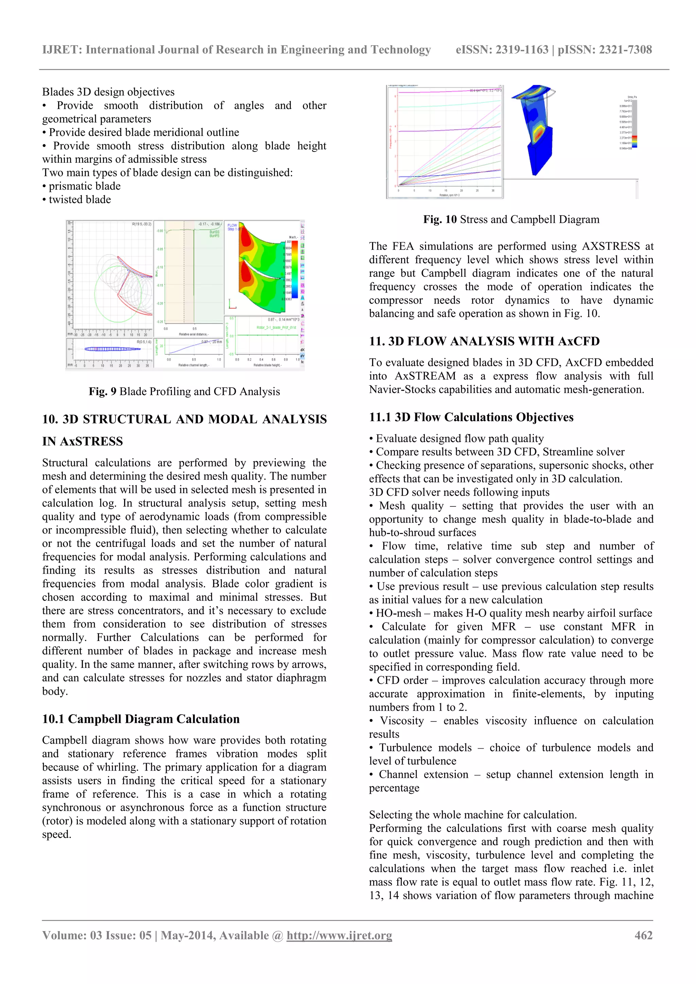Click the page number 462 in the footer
coord(643,935)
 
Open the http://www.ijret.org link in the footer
coord(339,935)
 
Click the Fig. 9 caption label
coord(103,391)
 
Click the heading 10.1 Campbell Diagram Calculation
coord(141,719)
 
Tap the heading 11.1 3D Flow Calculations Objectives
coord(471,417)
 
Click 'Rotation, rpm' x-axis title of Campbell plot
coord(449,195)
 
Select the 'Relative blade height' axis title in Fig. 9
coord(267,365)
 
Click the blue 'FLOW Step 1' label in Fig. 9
coord(232,227)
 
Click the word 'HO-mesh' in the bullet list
coord(398,613)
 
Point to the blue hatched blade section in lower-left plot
coord(112,349)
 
